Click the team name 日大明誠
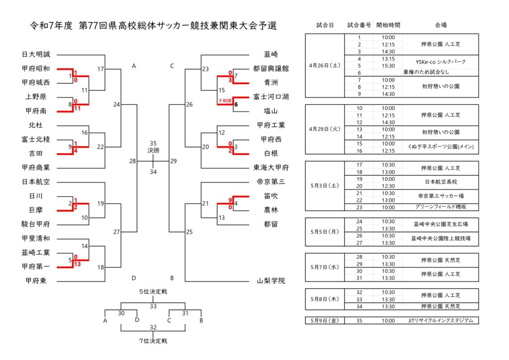[x=36, y=54]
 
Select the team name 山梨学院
[x=271, y=281]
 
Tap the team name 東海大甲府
[x=271, y=168]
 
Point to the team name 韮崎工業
[x=36, y=252]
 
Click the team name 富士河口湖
[x=271, y=97]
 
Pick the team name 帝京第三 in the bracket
[x=271, y=182]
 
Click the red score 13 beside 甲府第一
[x=77, y=264]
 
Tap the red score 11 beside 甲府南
[x=77, y=108]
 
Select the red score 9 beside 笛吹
[x=230, y=200]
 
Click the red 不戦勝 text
[x=225, y=101]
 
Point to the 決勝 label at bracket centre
[x=153, y=151]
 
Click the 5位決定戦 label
[x=153, y=292]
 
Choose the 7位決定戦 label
[x=153, y=341]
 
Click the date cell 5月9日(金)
[x=325, y=320]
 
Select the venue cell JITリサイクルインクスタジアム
[x=440, y=320]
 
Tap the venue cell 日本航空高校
[x=441, y=182]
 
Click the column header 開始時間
[x=388, y=25]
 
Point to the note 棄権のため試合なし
[x=426, y=72]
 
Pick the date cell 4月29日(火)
[x=325, y=129]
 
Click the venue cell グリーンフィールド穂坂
[x=440, y=207]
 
